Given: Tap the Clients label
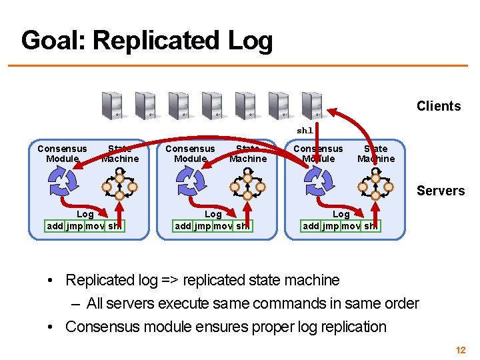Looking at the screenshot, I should [x=438, y=106].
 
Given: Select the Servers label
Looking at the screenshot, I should [x=440, y=191].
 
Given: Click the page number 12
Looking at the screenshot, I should [x=460, y=350].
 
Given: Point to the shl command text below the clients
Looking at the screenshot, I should [x=305, y=131].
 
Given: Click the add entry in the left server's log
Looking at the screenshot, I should [x=55, y=226].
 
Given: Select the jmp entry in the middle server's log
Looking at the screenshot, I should [x=203, y=226].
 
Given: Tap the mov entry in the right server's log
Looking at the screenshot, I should [x=351, y=226].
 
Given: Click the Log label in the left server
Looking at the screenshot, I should [x=85, y=214].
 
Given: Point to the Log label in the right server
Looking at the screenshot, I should [x=341, y=214].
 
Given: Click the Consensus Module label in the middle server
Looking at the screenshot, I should [x=190, y=153].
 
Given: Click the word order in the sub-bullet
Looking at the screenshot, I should [x=399, y=304].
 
